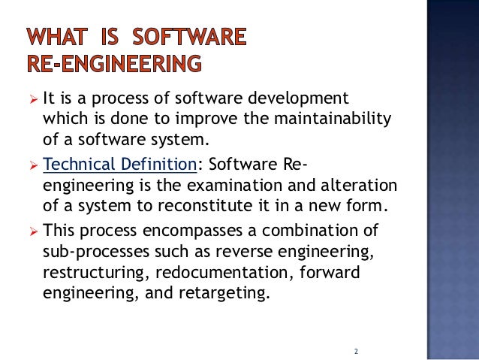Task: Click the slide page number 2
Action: [356, 351]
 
